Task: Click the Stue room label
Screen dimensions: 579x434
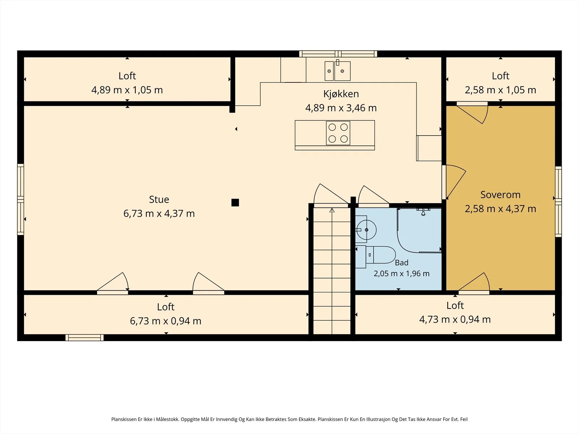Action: (x=159, y=200)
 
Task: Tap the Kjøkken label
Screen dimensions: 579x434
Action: (x=341, y=94)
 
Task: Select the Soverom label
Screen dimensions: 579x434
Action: (x=500, y=195)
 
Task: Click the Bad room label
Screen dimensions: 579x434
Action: (x=401, y=263)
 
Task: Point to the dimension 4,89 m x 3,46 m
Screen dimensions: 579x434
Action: (x=341, y=108)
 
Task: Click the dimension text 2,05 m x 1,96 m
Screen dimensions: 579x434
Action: (x=401, y=273)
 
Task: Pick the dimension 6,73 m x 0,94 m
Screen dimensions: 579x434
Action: (x=166, y=321)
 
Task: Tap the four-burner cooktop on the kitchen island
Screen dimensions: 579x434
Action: (x=338, y=133)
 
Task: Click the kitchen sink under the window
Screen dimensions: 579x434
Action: (x=337, y=71)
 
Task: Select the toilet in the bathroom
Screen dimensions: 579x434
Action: (x=375, y=255)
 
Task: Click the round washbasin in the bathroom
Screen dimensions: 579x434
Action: (x=366, y=230)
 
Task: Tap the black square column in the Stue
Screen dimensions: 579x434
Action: (x=235, y=203)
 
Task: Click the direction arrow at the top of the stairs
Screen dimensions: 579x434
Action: (x=332, y=210)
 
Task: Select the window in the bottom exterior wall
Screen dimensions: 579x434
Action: (x=84, y=337)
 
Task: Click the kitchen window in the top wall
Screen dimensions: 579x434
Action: (x=338, y=54)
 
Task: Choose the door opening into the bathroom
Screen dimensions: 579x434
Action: (x=373, y=197)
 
